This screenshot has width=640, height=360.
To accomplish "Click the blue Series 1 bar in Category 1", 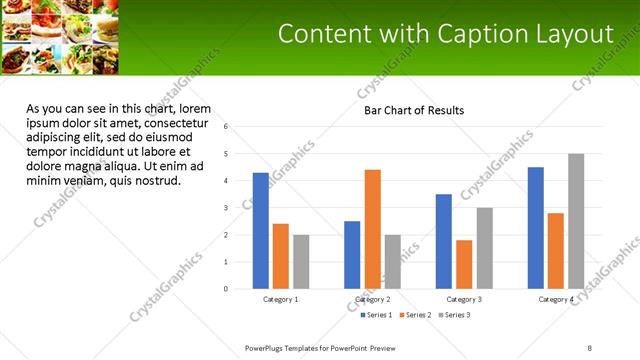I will [x=261, y=231].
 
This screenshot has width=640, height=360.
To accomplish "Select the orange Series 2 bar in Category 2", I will [x=372, y=229].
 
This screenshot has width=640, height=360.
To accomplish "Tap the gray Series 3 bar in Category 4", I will [x=576, y=221].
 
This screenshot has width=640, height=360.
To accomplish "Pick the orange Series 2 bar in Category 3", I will [x=464, y=264].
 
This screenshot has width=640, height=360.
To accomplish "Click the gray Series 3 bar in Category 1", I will [x=301, y=262].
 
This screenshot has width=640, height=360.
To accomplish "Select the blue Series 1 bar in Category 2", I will [x=352, y=255].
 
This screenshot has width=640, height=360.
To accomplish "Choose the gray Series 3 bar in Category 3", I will [x=484, y=248].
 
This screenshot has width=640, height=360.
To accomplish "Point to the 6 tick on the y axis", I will [x=227, y=127].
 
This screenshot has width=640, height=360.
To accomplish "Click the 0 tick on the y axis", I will [x=227, y=289].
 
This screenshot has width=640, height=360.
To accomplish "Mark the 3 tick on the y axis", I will [x=227, y=208].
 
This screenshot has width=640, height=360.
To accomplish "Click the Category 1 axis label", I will [x=280, y=299].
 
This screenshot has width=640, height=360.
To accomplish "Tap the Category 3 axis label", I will [x=464, y=299].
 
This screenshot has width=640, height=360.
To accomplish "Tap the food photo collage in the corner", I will [x=61, y=37].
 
